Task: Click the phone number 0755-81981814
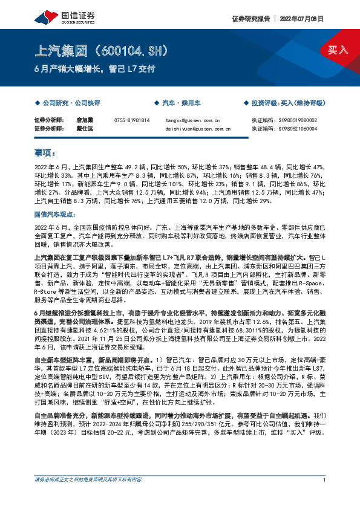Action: (132, 120)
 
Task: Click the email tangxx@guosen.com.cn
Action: (192, 120)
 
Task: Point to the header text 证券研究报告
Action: (250, 18)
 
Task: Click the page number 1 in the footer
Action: (325, 496)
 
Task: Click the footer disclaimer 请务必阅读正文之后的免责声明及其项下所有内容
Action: (88, 496)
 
